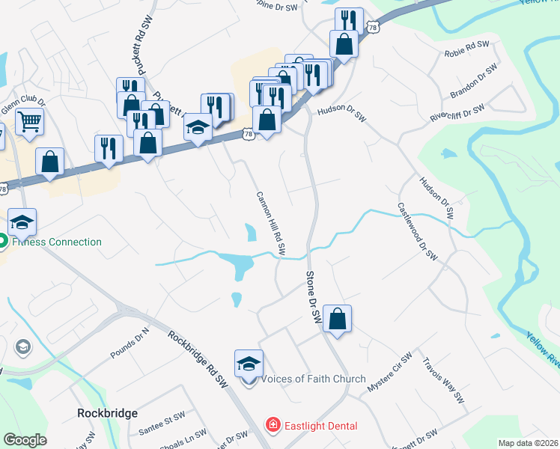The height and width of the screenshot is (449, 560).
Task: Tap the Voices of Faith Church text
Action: pyautogui.click(x=313, y=379)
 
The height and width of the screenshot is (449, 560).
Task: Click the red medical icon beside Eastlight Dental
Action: pyautogui.click(x=274, y=426)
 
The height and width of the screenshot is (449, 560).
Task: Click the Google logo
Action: pyautogui.click(x=25, y=440)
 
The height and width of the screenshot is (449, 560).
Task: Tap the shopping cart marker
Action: pyautogui.click(x=29, y=120)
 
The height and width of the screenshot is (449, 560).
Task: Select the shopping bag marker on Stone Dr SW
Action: pyautogui.click(x=338, y=319)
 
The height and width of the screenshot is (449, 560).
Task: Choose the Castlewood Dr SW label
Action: pyautogui.click(x=417, y=231)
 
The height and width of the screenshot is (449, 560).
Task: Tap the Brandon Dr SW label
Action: pyautogui.click(x=474, y=82)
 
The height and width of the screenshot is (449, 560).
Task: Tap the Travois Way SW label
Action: pyautogui.click(x=444, y=379)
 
